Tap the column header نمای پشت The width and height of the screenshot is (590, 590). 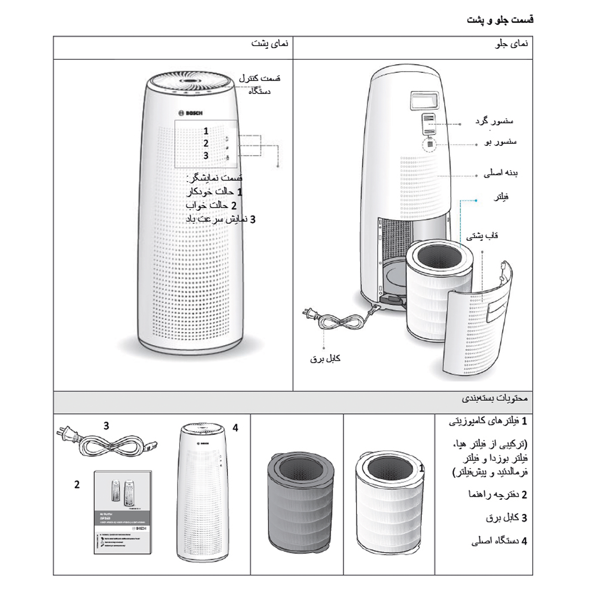click(270, 44)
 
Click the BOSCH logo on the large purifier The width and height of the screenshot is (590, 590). click(190, 113)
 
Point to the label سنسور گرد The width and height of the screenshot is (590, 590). click(494, 121)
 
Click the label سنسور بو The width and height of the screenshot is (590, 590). click(500, 142)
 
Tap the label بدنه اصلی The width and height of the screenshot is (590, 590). click(500, 173)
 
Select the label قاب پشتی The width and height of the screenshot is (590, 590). click(482, 236)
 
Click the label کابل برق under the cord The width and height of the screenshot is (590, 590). click(325, 358)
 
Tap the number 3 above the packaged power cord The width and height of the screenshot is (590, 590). click(106, 426)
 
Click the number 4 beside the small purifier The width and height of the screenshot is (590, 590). click(235, 428)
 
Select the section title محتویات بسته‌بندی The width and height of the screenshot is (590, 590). click(494, 398)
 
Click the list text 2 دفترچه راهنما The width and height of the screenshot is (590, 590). click(498, 494)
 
